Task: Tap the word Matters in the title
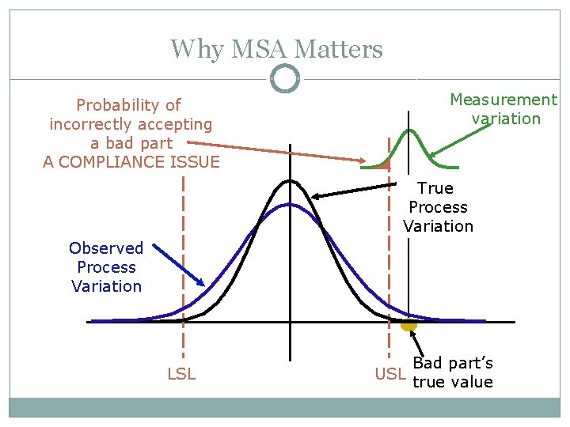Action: point(338,50)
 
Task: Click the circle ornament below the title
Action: point(285,78)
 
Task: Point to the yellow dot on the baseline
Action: point(408,324)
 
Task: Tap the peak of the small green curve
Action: point(409,130)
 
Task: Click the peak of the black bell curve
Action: point(291,181)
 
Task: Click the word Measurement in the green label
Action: point(503,100)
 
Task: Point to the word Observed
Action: point(106,248)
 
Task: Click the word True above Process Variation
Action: point(435,188)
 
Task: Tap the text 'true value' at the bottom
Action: point(453,383)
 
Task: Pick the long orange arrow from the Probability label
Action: point(277,152)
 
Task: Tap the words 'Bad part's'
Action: point(453,364)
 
